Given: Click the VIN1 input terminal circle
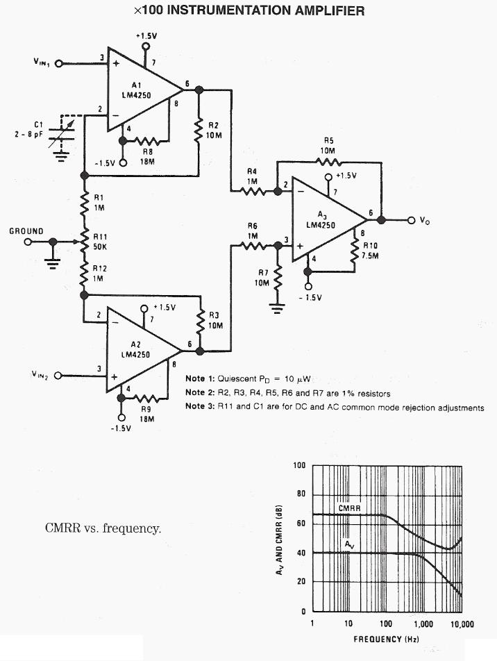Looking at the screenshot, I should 58,63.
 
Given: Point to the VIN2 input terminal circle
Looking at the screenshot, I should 58,376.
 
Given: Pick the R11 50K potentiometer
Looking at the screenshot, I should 84,242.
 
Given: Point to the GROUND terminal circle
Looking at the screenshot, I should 28,242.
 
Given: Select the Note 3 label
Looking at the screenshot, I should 201,408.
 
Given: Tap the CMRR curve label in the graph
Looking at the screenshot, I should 348,508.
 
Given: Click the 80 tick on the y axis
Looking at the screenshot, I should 301,494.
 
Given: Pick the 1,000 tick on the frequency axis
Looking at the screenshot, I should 423,624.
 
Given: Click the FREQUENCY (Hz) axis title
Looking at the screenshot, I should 387,639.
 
